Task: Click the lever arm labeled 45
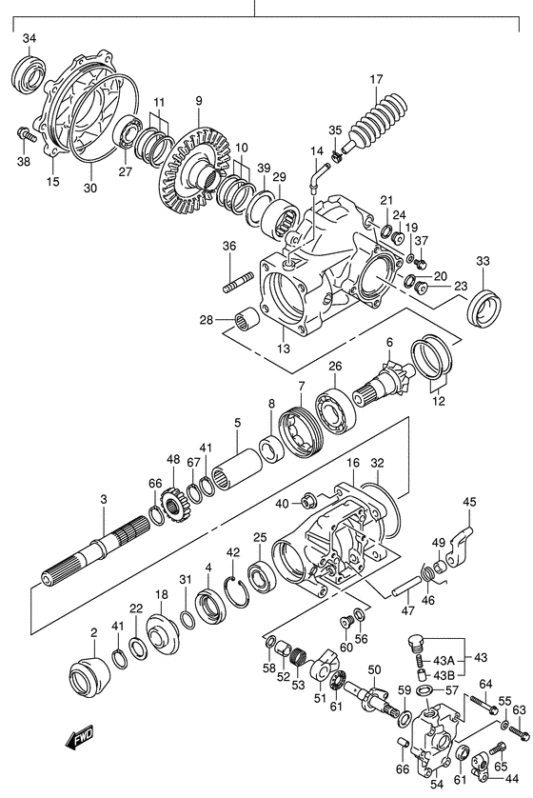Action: (462, 547)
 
